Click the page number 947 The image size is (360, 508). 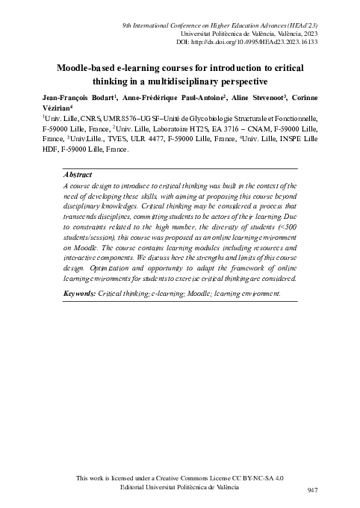click(x=313, y=490)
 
